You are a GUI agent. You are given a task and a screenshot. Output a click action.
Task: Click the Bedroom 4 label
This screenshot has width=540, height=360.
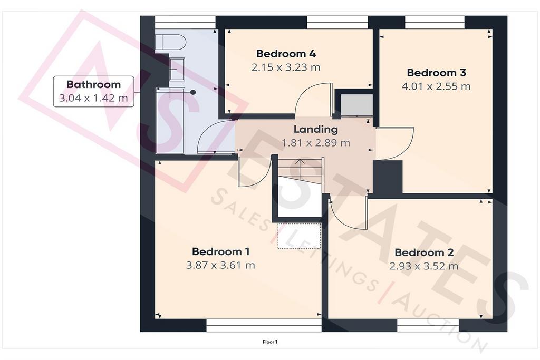(286, 54)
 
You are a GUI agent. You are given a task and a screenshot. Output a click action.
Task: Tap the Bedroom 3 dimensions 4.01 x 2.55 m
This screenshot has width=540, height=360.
(436, 86)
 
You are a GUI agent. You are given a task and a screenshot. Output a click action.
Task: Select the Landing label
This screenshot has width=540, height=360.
(315, 130)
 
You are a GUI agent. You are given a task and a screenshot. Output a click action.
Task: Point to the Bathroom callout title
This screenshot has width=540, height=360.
(93, 84)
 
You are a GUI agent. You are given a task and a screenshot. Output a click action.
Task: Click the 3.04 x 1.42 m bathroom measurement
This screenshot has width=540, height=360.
(93, 98)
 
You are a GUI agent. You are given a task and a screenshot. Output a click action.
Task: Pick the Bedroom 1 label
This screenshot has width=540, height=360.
(220, 251)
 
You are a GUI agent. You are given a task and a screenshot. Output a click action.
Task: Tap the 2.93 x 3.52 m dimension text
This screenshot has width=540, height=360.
(424, 266)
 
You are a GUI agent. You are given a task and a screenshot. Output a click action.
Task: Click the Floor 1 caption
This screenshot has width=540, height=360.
(270, 342)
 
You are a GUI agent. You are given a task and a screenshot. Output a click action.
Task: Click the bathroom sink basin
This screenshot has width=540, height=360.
(177, 69)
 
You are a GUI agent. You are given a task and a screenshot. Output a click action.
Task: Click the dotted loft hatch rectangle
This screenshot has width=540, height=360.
(300, 236)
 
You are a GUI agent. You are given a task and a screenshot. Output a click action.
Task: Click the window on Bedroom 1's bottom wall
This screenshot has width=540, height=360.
(264, 326)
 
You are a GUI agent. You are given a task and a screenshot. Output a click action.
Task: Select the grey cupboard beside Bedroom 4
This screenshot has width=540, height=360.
(357, 104)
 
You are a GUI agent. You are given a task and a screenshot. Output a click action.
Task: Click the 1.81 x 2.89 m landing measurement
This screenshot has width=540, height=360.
(315, 143)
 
